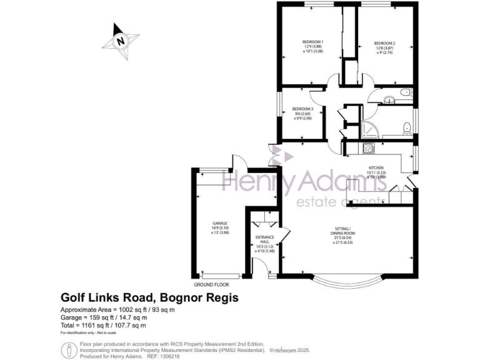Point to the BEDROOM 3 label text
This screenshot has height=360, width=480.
point(302,109)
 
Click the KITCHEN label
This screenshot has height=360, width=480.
point(376,168)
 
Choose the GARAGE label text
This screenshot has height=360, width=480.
point(219,223)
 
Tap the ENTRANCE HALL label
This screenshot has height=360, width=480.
point(261,240)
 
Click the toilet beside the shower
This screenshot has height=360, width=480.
point(407,127)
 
